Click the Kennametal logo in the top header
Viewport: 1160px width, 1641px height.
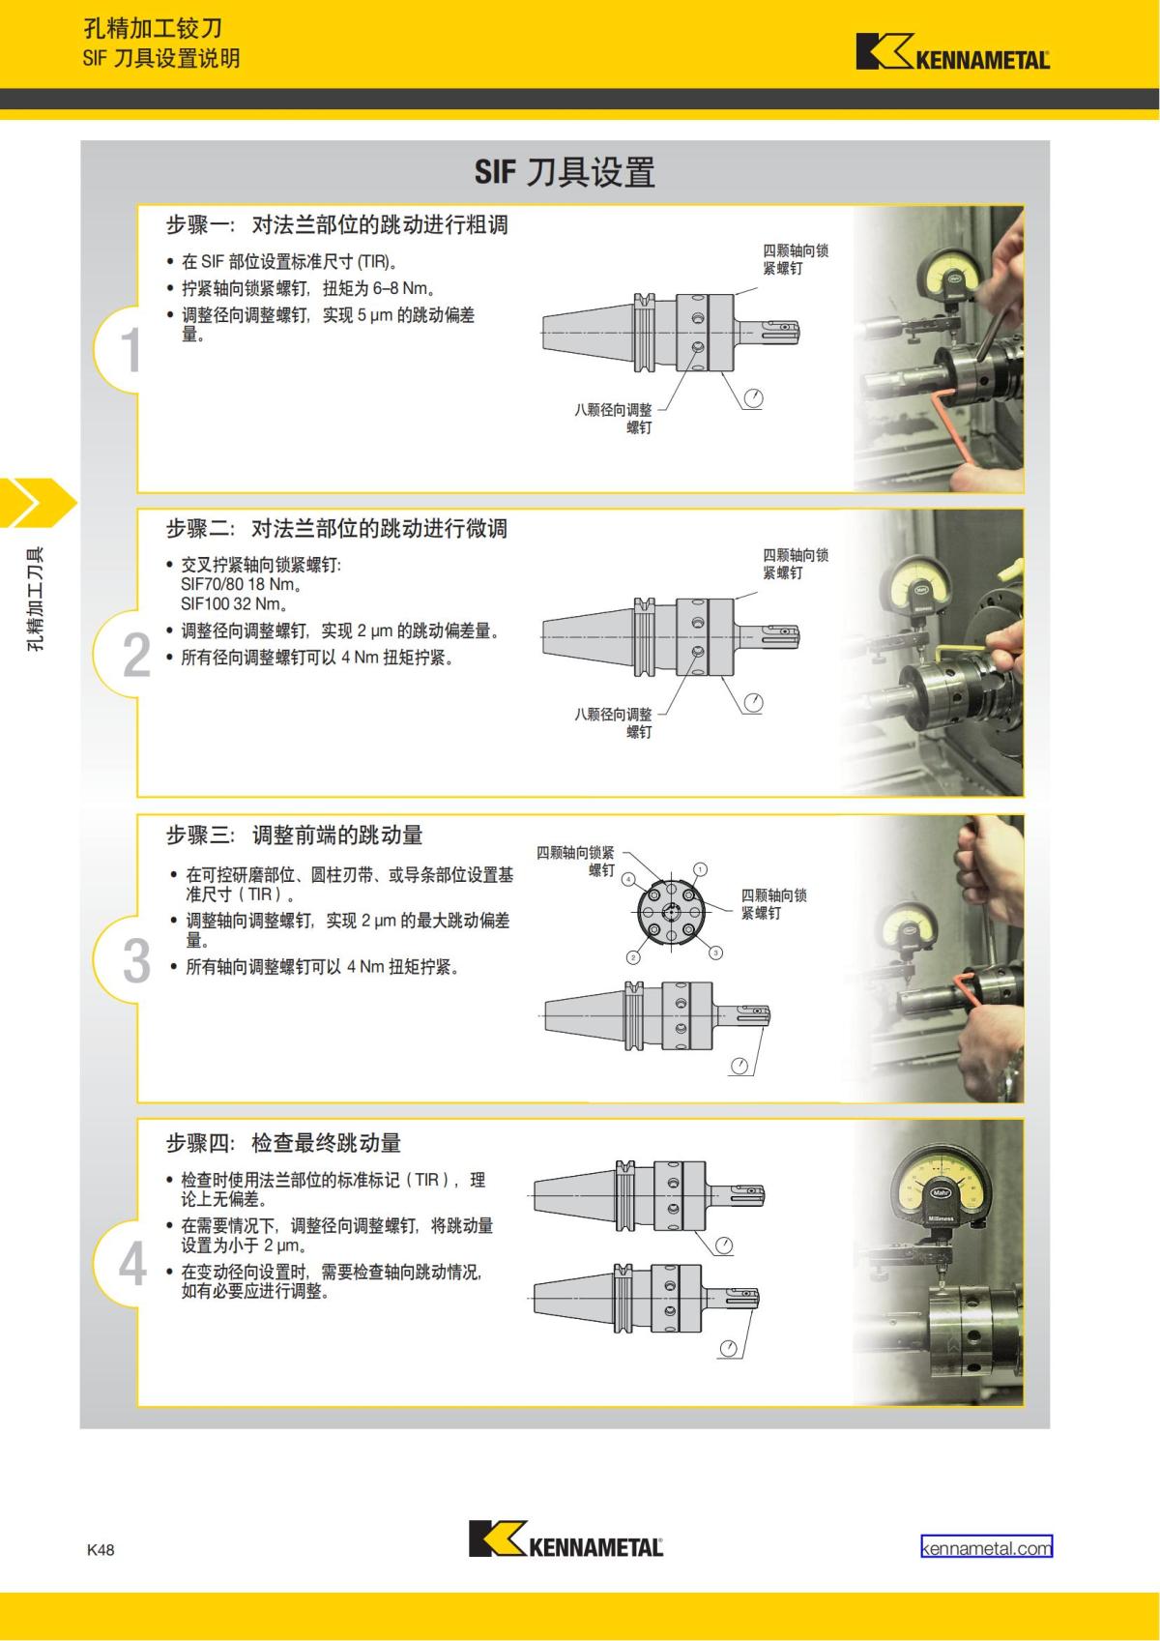[x=952, y=52]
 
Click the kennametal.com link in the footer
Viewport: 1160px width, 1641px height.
[x=986, y=1547]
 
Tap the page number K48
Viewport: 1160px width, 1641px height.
[x=101, y=1550]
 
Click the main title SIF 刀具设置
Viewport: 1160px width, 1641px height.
[x=565, y=172]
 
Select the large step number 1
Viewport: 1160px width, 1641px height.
[x=130, y=349]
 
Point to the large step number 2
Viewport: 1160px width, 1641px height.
[x=136, y=655]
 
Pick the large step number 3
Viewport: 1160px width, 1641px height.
[x=136, y=960]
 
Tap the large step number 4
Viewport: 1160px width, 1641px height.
[x=132, y=1264]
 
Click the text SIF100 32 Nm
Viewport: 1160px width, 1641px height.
[x=233, y=603]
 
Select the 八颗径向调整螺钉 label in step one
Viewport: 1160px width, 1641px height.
[x=613, y=418]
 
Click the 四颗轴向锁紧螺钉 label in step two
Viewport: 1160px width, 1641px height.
[x=795, y=563]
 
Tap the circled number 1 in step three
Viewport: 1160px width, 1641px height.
[x=701, y=868]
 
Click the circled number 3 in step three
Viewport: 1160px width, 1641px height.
[x=715, y=952]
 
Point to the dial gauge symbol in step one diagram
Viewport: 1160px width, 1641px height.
[x=753, y=398]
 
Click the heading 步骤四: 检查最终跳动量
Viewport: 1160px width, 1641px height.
[x=283, y=1142]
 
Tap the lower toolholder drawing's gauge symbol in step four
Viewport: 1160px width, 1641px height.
[x=729, y=1349]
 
